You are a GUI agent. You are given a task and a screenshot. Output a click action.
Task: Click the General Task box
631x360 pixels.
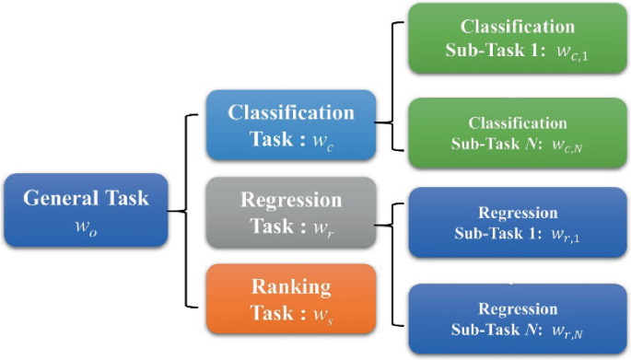point(85,211)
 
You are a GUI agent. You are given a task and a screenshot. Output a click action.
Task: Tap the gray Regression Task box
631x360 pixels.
point(290,212)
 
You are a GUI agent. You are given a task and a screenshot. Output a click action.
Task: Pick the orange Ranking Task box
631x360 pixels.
point(290,298)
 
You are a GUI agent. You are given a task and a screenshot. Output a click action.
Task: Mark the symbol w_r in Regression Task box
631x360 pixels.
point(323,226)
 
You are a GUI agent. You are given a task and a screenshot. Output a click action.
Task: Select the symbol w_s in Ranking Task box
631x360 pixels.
point(322,313)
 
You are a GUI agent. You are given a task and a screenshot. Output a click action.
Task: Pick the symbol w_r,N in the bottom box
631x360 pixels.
point(567,330)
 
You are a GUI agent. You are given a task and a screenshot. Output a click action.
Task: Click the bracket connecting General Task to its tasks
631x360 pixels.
point(188,211)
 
